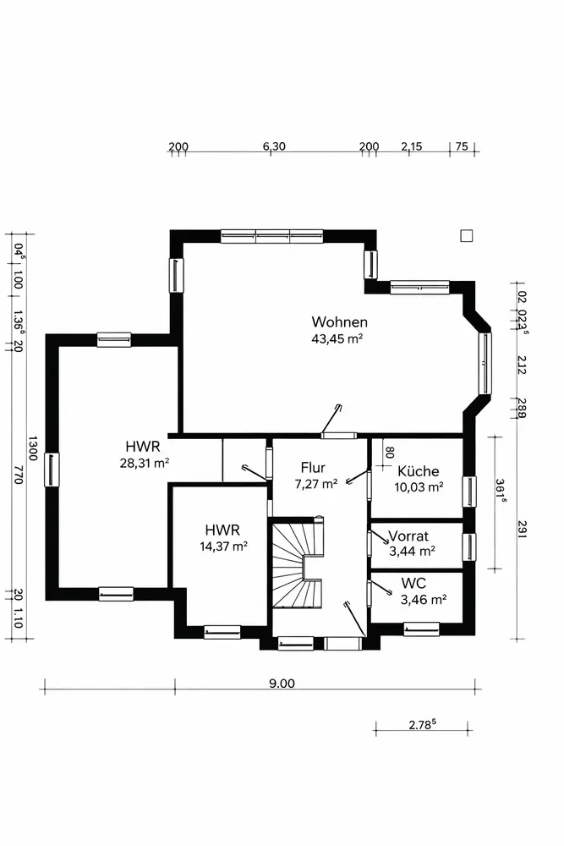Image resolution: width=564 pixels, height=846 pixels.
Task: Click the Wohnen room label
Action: coord(339,322)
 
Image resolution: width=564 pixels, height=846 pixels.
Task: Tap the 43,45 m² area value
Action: coord(337,339)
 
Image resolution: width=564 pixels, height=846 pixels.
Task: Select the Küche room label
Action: coord(419,470)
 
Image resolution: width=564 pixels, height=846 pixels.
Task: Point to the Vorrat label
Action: coord(408,536)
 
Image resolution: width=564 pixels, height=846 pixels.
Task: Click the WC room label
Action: coord(413,583)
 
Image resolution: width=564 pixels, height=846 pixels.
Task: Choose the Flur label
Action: coord(313,467)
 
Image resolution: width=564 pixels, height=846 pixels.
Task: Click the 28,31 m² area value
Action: coord(145,463)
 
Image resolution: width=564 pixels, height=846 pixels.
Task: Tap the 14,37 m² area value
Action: coord(224,546)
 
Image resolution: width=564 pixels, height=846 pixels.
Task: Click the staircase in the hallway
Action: coord(297,563)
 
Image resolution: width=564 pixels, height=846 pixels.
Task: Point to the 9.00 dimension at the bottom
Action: coord(282,683)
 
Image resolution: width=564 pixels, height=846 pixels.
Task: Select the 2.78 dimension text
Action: coord(422,724)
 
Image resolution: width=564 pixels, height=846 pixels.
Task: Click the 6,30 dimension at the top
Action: coord(274,146)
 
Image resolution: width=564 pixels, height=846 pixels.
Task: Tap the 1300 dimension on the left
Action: coord(32,448)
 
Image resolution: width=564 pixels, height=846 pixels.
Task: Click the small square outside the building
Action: coord(467,236)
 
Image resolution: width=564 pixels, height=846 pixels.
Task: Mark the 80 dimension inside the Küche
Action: coord(390,452)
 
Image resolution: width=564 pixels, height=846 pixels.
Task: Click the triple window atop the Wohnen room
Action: coord(272,236)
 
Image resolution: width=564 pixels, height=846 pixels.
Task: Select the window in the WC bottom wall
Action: coord(421,629)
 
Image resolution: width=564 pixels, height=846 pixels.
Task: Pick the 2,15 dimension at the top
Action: coord(412,146)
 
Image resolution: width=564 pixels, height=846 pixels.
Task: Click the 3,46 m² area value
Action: coord(424,600)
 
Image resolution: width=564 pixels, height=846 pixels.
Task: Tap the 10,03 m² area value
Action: coord(419,487)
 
